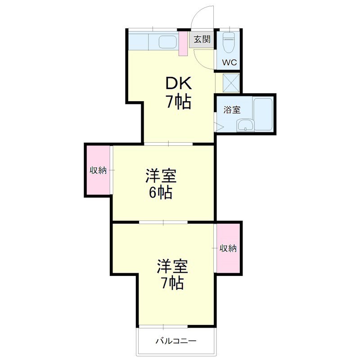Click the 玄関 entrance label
click(202, 39)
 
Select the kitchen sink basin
click(167, 43)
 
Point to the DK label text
click(179, 83)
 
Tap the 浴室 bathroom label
click(232, 109)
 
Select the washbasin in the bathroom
click(245, 125)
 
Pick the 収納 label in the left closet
click(98, 170)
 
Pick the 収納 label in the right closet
click(228, 248)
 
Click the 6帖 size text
click(161, 193)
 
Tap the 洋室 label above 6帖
click(161, 175)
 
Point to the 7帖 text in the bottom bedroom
click(172, 283)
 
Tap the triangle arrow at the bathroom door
click(219, 127)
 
